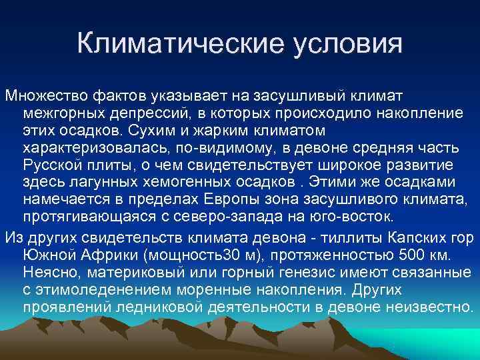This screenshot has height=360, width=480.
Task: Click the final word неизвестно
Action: click(x=433, y=308)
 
